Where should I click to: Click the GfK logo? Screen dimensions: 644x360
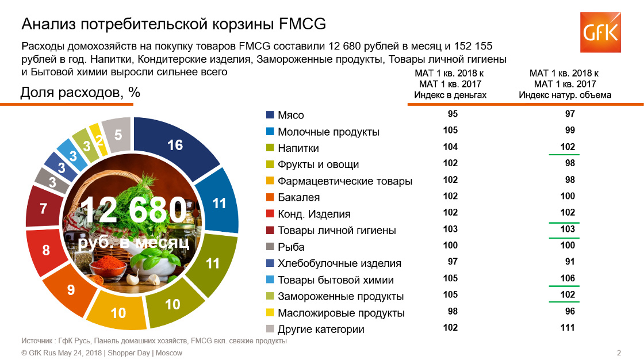(x=600, y=32)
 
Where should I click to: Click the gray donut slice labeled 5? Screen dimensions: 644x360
(x=118, y=135)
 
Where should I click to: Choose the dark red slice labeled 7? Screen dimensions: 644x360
(x=44, y=208)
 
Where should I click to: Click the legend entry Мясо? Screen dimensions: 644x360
(x=285, y=115)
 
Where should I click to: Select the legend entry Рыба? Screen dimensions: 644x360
(x=285, y=247)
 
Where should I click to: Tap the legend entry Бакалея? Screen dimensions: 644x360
(x=293, y=197)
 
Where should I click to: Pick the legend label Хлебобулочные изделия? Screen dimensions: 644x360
(x=339, y=263)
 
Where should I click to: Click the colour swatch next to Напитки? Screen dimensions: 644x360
(x=270, y=148)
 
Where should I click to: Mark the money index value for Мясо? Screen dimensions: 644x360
(x=453, y=114)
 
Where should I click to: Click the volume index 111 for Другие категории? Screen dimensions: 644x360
(x=568, y=328)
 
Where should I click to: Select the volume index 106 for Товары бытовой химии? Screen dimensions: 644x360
(x=568, y=278)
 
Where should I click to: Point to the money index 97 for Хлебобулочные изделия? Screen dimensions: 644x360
(x=453, y=262)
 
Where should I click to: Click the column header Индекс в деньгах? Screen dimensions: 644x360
(x=450, y=95)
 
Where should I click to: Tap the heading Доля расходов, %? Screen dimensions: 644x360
(x=80, y=93)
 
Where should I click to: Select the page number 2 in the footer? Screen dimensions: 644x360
(x=619, y=353)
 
